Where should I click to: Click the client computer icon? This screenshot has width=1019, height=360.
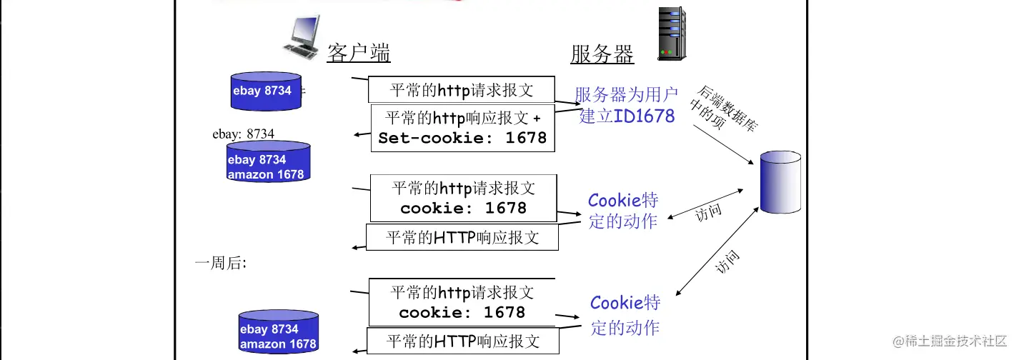tap(301, 39)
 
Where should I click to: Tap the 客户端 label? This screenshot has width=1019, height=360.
tap(359, 54)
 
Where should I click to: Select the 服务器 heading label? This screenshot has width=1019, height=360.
tap(602, 54)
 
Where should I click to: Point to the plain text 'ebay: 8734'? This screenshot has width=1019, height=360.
tap(243, 134)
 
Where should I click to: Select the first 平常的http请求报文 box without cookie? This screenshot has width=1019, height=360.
tap(462, 90)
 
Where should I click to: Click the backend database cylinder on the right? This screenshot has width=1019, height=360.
tap(780, 182)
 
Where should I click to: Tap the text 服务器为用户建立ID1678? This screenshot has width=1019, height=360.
tap(626, 105)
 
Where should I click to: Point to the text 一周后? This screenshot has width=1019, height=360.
tap(221, 263)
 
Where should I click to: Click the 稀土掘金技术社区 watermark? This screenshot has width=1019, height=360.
tap(952, 340)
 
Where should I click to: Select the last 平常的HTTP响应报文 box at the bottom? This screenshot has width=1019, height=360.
tap(462, 340)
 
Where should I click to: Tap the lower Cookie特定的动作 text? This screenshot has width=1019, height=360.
tap(625, 315)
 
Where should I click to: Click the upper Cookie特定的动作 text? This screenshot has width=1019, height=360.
tap(622, 211)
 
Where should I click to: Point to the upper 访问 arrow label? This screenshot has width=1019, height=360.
tap(707, 213)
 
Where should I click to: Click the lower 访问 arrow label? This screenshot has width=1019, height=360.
tap(727, 262)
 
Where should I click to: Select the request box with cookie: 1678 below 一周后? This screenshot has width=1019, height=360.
tap(462, 303)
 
